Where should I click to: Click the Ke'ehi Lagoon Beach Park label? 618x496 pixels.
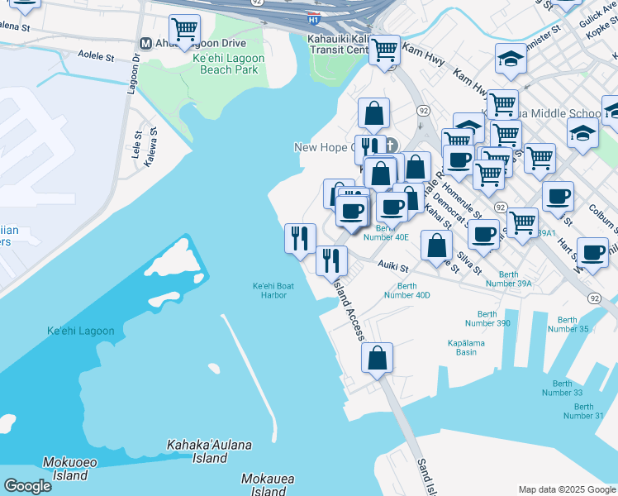coord(228,64)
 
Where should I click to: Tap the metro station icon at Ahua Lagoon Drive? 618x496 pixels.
coord(145,43)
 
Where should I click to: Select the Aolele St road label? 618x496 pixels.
coord(95,57)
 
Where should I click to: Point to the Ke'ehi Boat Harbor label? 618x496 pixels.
coord(273,290)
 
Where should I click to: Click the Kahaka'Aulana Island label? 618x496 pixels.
coord(209,451)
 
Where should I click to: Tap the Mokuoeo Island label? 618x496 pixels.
coord(65,469)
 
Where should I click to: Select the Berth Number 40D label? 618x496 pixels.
coord(407,290)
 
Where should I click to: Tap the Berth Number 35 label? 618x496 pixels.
coord(568,324)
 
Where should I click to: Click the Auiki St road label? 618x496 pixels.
coord(393,267)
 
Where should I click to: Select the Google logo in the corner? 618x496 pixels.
coord(27,486)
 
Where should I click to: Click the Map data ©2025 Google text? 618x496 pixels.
coord(567,489)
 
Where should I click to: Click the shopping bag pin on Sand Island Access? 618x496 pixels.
coord(377,358)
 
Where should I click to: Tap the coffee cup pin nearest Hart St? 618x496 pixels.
coord(592,253)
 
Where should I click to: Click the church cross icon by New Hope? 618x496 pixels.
coord(391,146)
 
